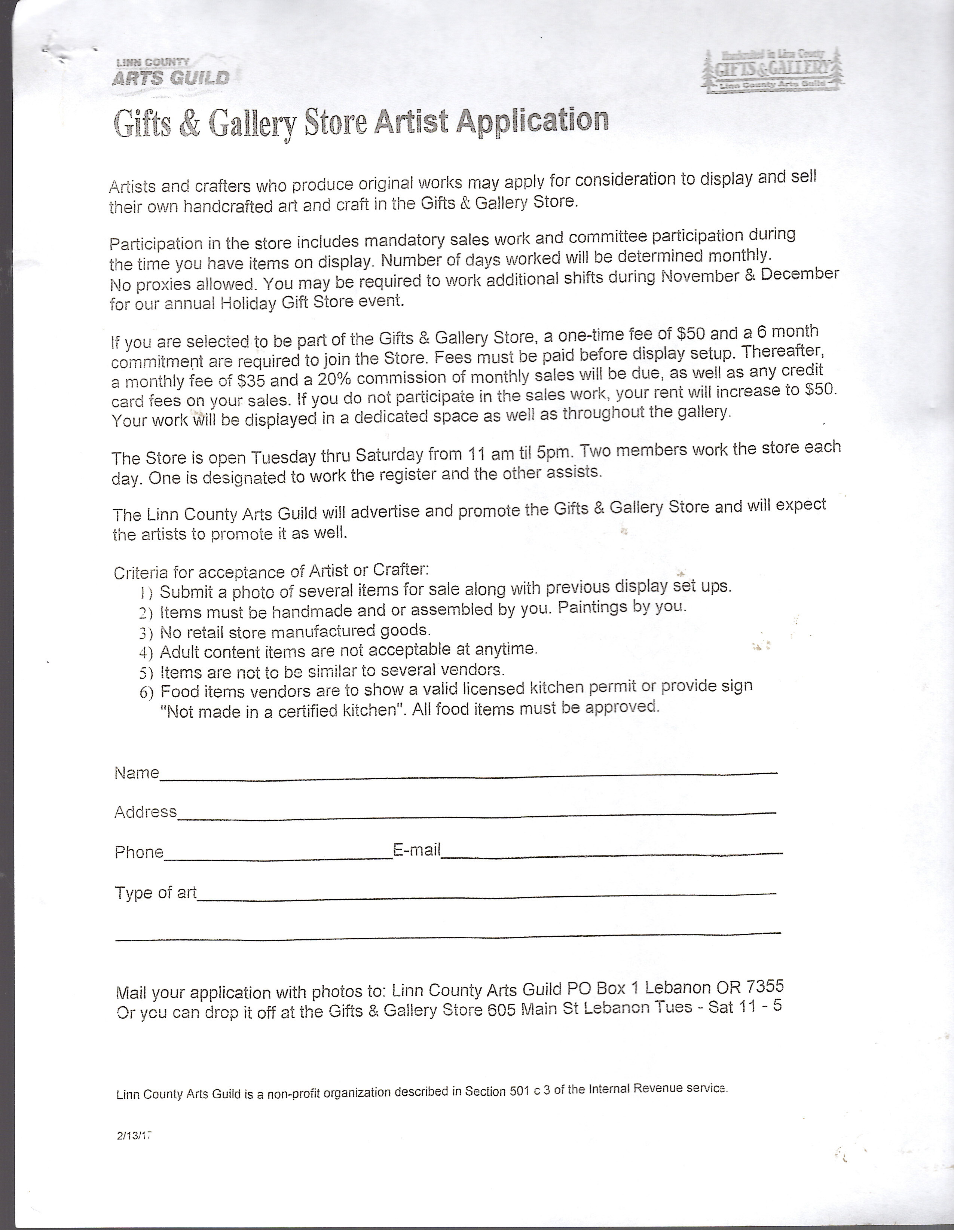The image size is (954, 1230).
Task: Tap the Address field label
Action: [145, 811]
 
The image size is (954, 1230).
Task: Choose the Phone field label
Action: [138, 851]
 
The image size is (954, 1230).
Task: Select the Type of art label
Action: [155, 893]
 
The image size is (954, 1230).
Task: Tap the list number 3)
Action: [146, 633]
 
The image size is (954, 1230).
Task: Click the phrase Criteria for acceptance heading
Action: [208, 572]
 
